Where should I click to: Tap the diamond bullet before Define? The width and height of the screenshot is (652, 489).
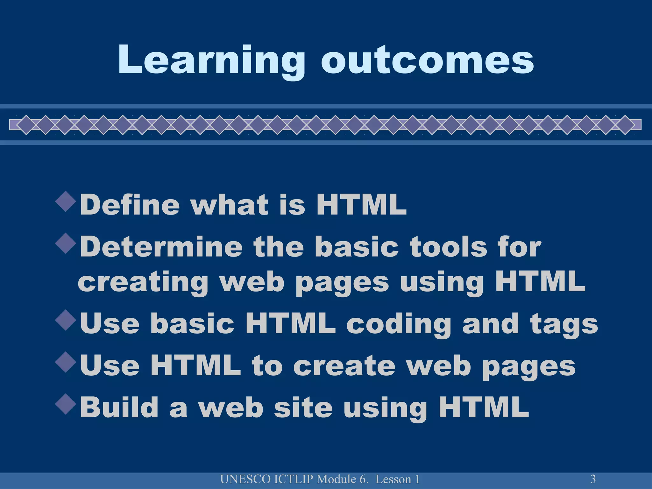click(x=66, y=201)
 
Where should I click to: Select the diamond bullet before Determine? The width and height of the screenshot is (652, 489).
click(x=66, y=244)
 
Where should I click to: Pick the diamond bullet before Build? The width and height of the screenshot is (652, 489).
click(x=66, y=404)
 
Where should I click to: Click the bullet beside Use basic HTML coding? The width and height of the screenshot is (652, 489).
click(x=66, y=320)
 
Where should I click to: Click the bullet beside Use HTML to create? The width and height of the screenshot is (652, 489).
click(x=66, y=362)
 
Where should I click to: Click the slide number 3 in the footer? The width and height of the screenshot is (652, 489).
click(x=593, y=479)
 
